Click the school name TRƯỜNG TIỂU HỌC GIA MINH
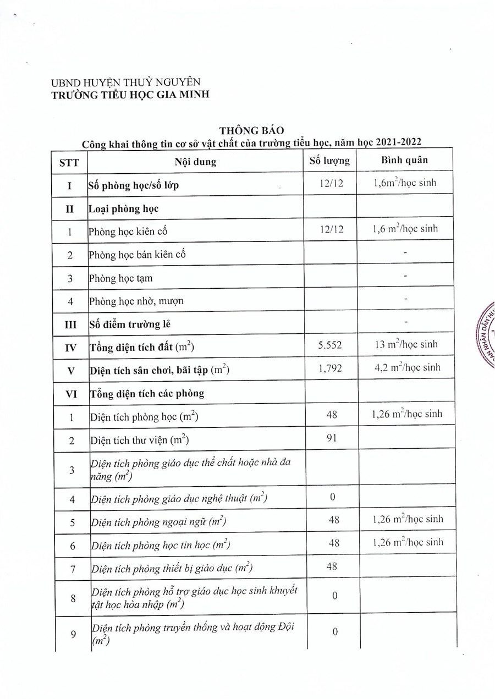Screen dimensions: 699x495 [x=130, y=95]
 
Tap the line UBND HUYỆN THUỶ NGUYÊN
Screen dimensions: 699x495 [x=122, y=83]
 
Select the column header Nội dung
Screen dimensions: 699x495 [x=196, y=162]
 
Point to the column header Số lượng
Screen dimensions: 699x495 [x=329, y=161]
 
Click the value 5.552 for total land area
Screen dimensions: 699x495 [x=330, y=345]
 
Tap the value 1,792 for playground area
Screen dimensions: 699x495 [x=330, y=368]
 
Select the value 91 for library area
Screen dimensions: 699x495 [x=331, y=438]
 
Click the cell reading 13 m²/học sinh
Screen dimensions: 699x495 [x=406, y=344]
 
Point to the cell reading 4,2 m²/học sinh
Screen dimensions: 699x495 [x=406, y=367]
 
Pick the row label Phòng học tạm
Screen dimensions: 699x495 [x=121, y=278]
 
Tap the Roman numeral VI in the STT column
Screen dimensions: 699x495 [x=70, y=393]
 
